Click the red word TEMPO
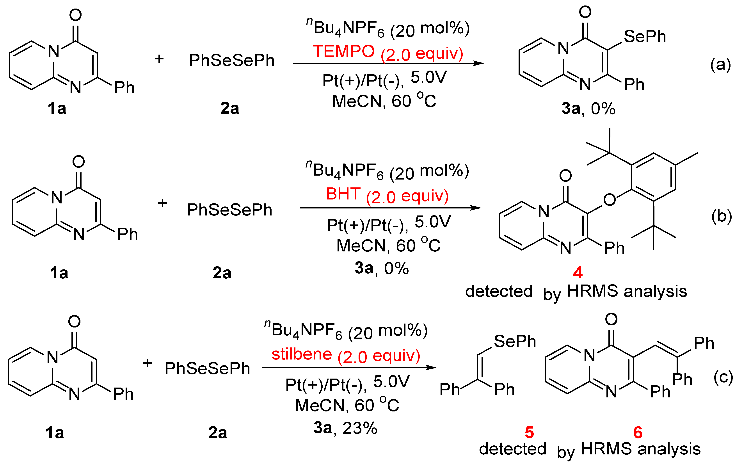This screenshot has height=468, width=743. pyautogui.click(x=343, y=52)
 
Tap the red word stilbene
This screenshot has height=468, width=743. pyautogui.click(x=301, y=354)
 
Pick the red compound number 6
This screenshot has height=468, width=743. pyautogui.click(x=638, y=432)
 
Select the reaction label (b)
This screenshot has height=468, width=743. pyautogui.click(x=721, y=216)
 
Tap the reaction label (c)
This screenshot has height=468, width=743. pyautogui.click(x=723, y=377)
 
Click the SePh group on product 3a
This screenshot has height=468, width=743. pyautogui.click(x=645, y=37)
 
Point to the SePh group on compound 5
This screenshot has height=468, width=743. pyautogui.click(x=515, y=342)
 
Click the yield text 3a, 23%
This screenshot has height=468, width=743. pyautogui.click(x=345, y=428)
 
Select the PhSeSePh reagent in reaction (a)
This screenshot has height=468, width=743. pyautogui.click(x=231, y=61)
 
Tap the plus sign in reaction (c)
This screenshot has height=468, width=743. pyautogui.click(x=148, y=363)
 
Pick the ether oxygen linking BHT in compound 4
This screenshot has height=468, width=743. pyautogui.click(x=609, y=200)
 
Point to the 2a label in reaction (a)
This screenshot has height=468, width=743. pyautogui.click(x=229, y=109)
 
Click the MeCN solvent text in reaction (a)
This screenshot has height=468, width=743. pyautogui.click(x=357, y=101)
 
